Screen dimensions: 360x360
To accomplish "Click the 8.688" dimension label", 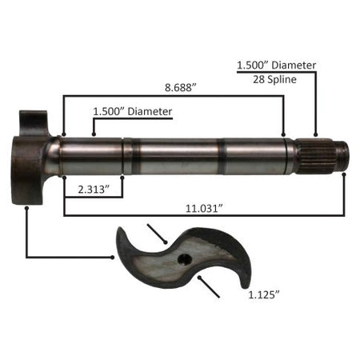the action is [181, 87].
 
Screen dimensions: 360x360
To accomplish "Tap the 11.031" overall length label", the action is [204, 208].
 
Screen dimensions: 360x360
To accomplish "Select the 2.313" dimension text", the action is [94, 190].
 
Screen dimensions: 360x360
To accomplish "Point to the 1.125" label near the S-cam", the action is [264, 295].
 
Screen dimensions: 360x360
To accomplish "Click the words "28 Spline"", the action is [274, 79].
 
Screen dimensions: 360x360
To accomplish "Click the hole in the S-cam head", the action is [185, 259].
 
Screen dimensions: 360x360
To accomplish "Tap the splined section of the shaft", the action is [315, 156].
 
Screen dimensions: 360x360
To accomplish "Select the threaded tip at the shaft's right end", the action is [342, 156].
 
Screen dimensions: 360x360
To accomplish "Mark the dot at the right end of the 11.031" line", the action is [344, 174].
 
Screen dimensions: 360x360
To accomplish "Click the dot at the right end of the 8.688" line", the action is [283, 134].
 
